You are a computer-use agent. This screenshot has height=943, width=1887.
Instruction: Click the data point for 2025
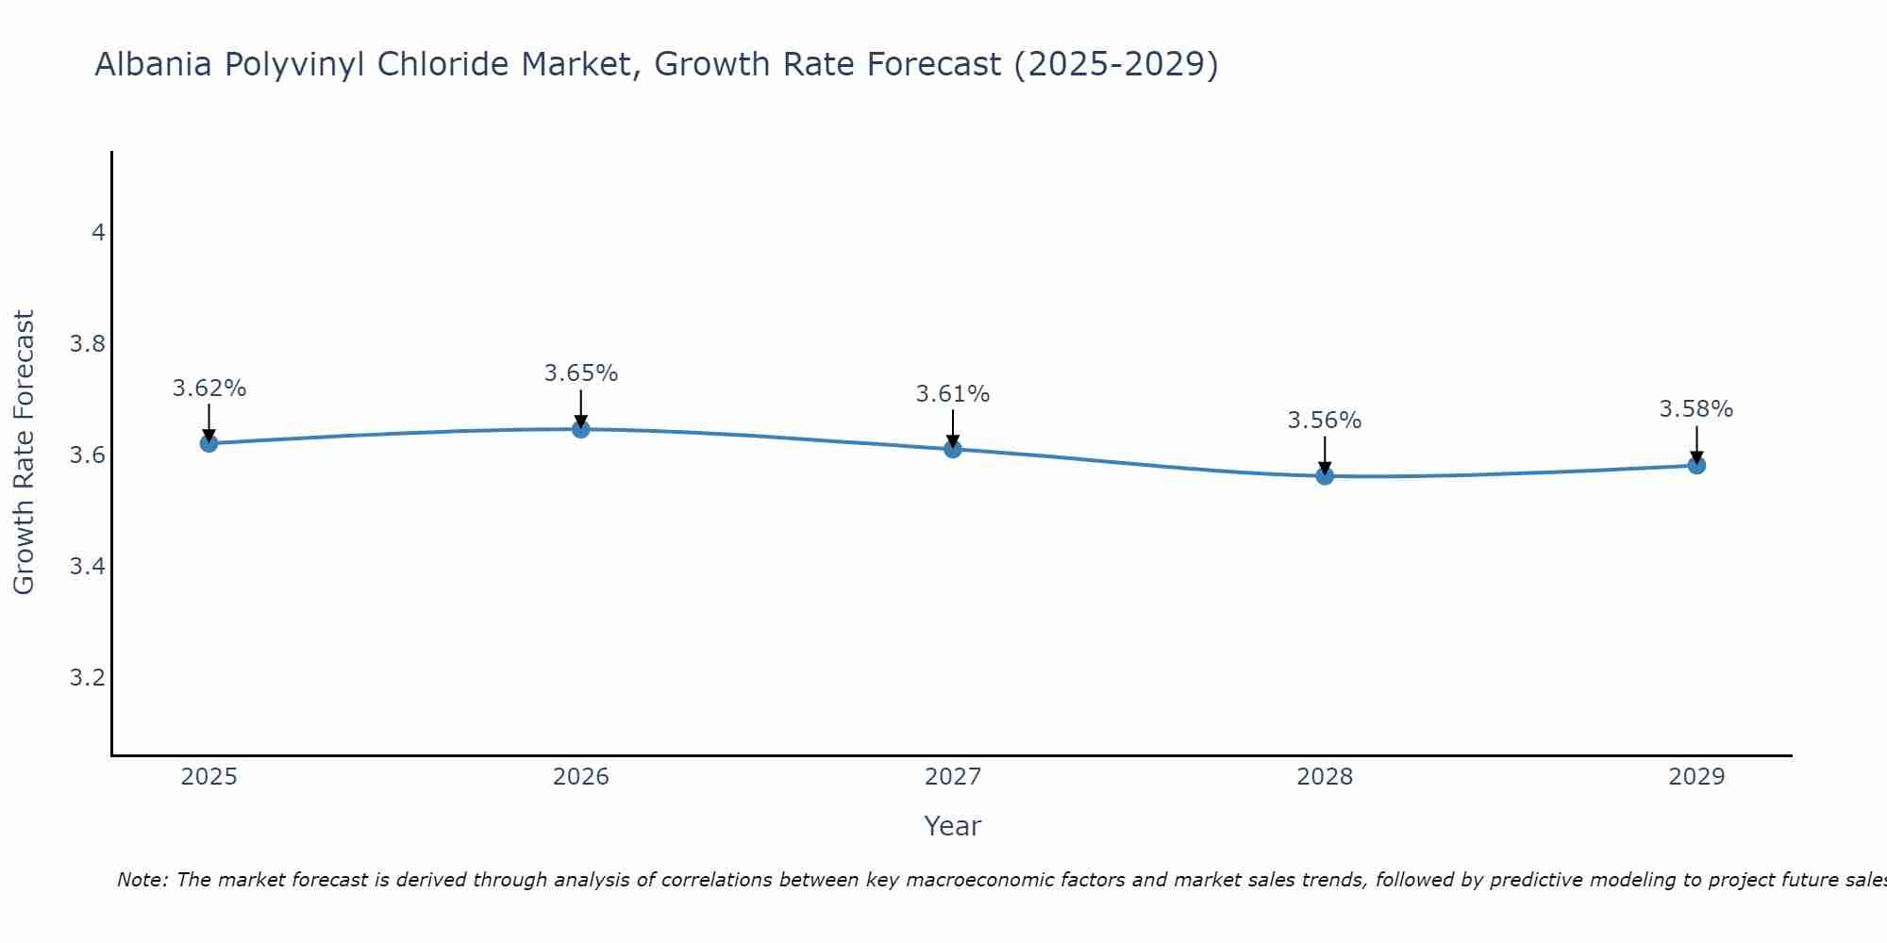(x=209, y=443)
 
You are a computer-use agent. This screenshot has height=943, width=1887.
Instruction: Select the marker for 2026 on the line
(x=580, y=429)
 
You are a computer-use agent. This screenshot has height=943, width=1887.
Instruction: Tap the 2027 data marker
(x=953, y=449)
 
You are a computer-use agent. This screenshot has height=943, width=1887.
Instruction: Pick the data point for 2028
(x=1325, y=476)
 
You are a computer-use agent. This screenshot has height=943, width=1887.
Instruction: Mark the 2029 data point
(x=1696, y=465)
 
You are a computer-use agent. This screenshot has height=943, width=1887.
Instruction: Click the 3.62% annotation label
(x=209, y=389)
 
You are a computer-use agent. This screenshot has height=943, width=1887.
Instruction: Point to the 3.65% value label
(x=580, y=373)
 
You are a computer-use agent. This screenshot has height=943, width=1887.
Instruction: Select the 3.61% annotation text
(x=953, y=394)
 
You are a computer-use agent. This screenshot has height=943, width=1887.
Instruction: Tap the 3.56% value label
(x=1325, y=421)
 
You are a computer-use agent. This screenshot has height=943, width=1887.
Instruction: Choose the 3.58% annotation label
(x=1696, y=409)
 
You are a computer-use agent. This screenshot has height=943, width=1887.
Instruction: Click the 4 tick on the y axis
(x=97, y=233)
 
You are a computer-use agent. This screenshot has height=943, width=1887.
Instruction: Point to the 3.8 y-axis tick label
(x=88, y=344)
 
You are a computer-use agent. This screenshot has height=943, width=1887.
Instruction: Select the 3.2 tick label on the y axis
(x=88, y=678)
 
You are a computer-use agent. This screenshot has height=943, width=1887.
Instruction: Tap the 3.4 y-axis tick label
(x=88, y=567)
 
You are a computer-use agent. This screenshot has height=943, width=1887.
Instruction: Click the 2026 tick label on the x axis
(x=580, y=777)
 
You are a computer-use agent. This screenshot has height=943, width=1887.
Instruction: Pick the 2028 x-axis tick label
(x=1325, y=777)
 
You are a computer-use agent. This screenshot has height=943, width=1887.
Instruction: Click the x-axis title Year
(x=953, y=826)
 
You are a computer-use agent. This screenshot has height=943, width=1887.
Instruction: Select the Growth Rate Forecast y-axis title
(x=25, y=453)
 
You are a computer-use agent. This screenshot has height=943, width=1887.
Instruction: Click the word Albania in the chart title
(x=153, y=65)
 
